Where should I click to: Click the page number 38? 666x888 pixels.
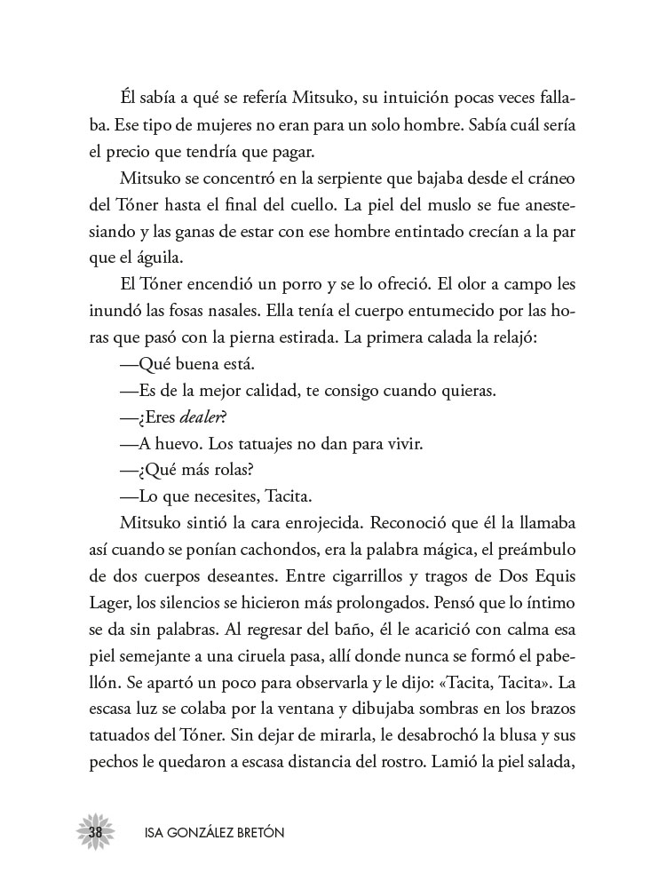tap(94, 831)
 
